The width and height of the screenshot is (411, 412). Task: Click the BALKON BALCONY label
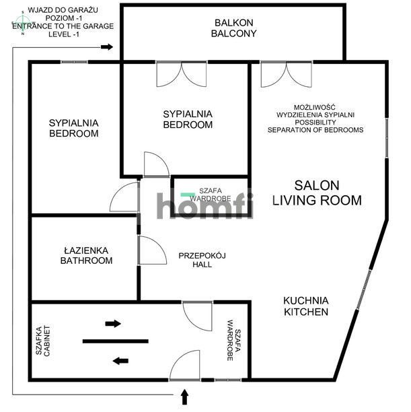(x=233, y=28)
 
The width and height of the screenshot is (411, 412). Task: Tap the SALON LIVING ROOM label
(x=317, y=193)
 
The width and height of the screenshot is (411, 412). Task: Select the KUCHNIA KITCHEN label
(x=306, y=306)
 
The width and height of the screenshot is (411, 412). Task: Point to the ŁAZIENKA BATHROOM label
(x=86, y=255)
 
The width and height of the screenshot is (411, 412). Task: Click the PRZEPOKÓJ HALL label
(x=202, y=260)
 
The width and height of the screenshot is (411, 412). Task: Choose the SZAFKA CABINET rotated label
(x=42, y=341)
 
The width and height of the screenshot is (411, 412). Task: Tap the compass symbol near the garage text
(x=23, y=22)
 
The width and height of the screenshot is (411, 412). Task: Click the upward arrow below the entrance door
(x=184, y=397)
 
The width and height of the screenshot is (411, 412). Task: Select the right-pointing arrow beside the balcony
(x=107, y=47)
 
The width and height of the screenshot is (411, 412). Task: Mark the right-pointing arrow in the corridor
(x=113, y=323)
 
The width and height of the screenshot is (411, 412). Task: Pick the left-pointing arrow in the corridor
(x=120, y=361)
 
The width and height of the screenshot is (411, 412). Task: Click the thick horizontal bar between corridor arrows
(x=116, y=341)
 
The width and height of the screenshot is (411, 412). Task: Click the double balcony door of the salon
(x=287, y=74)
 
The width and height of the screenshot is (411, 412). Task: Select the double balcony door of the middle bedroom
(x=182, y=74)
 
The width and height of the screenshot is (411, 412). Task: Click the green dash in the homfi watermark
(x=188, y=195)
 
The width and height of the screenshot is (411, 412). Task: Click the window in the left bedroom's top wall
(x=74, y=63)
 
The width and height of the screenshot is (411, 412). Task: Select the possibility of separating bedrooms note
(x=315, y=118)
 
